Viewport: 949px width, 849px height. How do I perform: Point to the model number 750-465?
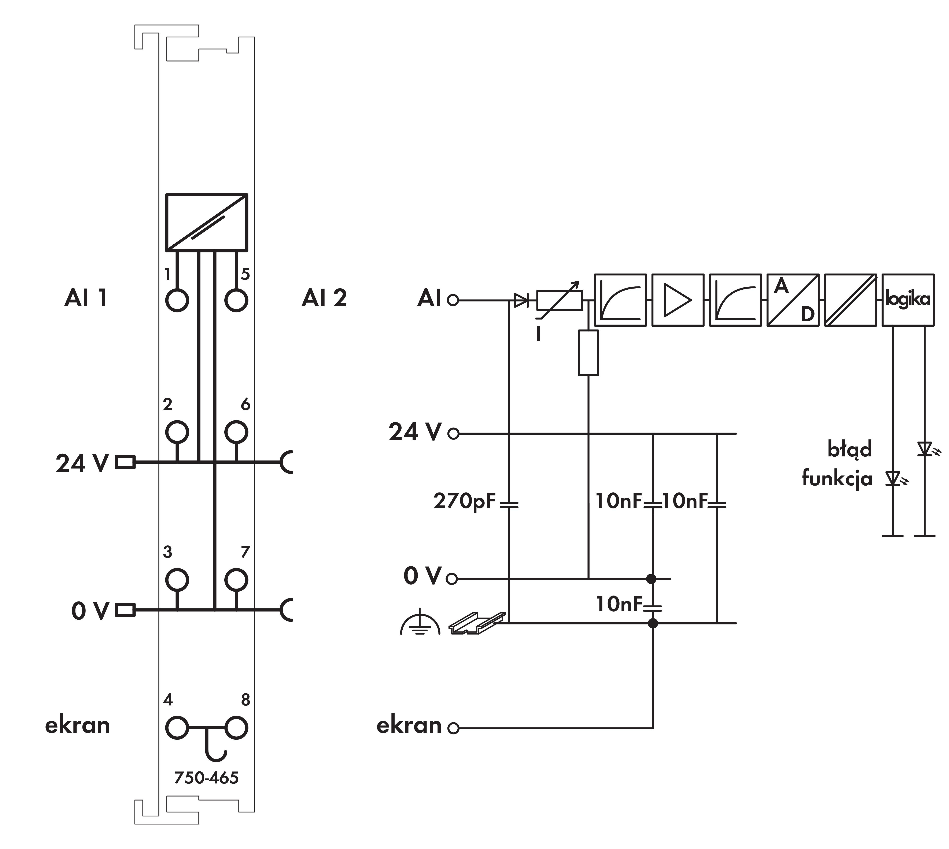click(x=206, y=778)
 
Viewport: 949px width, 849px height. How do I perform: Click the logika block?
click(x=908, y=300)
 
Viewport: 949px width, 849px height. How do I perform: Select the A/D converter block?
click(x=793, y=300)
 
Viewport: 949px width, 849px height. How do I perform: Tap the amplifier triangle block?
click(x=677, y=300)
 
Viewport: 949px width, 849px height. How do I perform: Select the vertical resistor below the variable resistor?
click(x=588, y=353)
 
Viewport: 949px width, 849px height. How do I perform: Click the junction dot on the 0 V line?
click(x=651, y=579)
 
